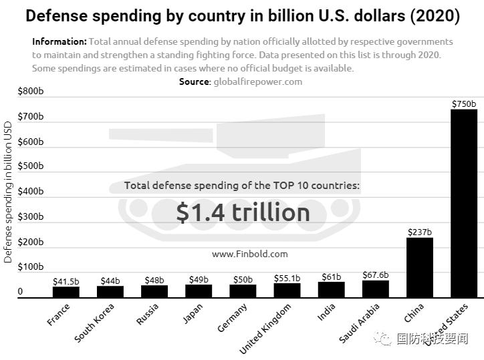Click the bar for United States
click(x=463, y=203)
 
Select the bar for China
click(x=419, y=267)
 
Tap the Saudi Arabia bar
click(x=375, y=289)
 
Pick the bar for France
click(x=66, y=291)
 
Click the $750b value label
click(x=463, y=104)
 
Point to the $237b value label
click(x=419, y=232)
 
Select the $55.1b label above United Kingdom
click(x=287, y=277)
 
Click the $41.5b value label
click(x=66, y=281)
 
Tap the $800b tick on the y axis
click(x=30, y=92)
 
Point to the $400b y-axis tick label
click(x=30, y=192)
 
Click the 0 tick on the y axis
click(x=20, y=292)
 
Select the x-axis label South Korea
click(x=95, y=323)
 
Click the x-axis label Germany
click(x=233, y=317)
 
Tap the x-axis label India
click(x=326, y=313)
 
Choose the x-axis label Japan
click(x=193, y=314)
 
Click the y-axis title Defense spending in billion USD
click(x=8, y=192)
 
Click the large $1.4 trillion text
click(x=243, y=212)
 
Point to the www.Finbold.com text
click(x=249, y=254)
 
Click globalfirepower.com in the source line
click(x=257, y=81)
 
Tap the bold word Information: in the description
click(x=59, y=41)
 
